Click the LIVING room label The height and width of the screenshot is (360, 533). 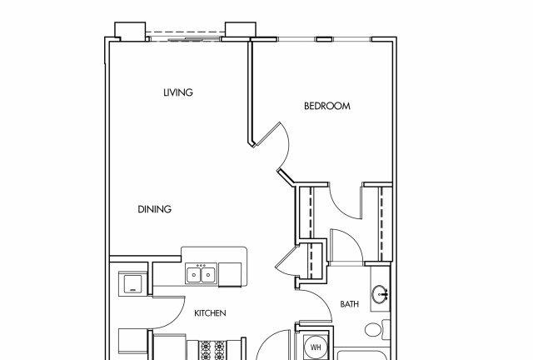[x=178, y=92]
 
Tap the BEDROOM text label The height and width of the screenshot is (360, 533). [x=327, y=106]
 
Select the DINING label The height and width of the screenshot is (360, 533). [x=154, y=209]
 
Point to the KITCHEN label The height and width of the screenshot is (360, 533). [x=210, y=313]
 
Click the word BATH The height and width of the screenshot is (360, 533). [x=350, y=304]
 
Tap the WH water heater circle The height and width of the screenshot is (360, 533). [x=316, y=347]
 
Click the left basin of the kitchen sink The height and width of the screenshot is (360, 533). [x=193, y=275]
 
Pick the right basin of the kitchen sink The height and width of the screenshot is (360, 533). [x=207, y=275]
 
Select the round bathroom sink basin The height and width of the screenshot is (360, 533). [x=380, y=294]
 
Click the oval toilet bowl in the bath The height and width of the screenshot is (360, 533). [x=372, y=329]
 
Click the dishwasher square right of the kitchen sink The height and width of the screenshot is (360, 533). [x=230, y=274]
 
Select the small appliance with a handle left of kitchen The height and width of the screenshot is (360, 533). [x=132, y=284]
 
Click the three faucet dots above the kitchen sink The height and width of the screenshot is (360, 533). [x=201, y=265]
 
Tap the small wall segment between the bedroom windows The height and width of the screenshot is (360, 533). [x=324, y=39]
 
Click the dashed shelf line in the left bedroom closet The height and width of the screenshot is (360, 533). [x=311, y=212]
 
